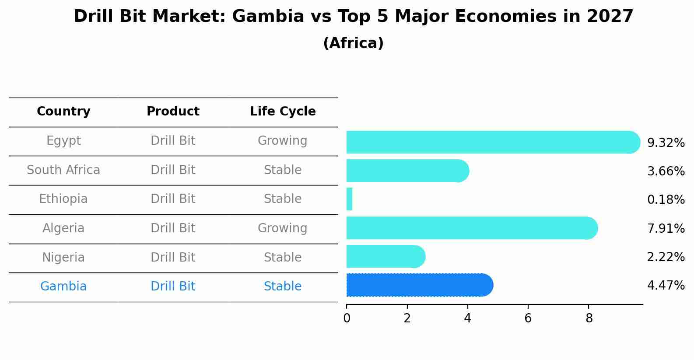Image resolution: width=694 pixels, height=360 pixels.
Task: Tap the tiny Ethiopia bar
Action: coord(349,199)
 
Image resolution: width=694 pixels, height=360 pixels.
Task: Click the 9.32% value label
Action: coord(666,143)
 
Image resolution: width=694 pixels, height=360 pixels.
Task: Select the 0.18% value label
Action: coord(666,200)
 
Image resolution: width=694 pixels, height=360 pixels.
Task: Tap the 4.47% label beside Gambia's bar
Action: coord(666,286)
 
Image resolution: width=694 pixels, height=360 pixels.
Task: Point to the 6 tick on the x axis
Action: coord(528,318)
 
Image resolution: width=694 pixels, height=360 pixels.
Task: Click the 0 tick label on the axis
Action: coord(347,318)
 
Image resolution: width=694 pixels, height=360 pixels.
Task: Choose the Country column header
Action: coord(63,112)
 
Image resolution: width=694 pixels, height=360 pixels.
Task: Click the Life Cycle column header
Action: coord(283,112)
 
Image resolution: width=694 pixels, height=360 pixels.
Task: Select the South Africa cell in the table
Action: coord(63,170)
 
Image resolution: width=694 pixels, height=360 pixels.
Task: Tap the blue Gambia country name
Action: coord(63,287)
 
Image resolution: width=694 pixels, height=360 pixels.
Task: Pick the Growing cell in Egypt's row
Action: coord(282,141)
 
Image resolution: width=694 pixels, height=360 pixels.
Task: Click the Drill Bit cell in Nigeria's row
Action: coord(173,258)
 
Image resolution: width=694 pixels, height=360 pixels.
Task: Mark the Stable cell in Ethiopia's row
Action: coord(282,199)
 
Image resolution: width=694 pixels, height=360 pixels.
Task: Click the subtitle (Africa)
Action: coord(353,43)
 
